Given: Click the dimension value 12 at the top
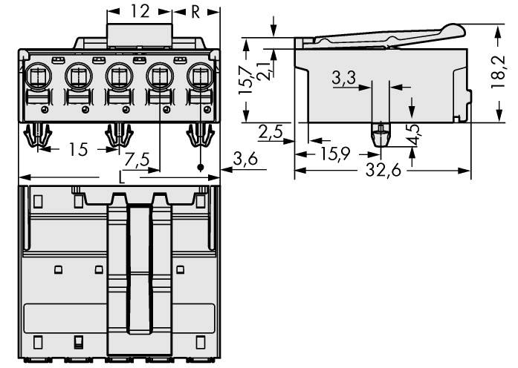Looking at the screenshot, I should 140,11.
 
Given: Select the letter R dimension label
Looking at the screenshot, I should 195,11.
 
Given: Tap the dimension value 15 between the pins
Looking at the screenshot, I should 77,150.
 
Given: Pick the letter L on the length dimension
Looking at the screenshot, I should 122,177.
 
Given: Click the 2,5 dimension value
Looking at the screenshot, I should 271,132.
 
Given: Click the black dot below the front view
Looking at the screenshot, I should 199,168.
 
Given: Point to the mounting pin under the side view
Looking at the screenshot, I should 379,136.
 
